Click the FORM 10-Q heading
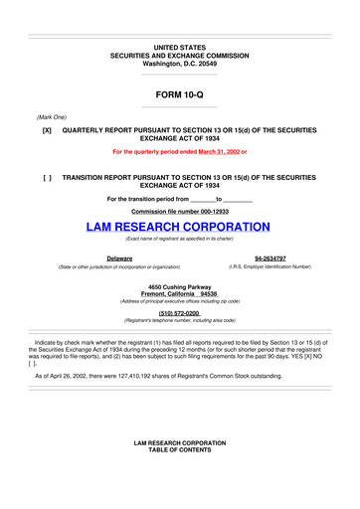pyautogui.click(x=179, y=95)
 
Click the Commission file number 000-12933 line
pyautogui.click(x=179, y=211)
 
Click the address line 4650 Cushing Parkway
pyautogui.click(x=179, y=286)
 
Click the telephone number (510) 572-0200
pyautogui.click(x=179, y=312)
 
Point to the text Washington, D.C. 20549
pyautogui.click(x=179, y=63)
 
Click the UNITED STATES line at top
pyautogui.click(x=179, y=47)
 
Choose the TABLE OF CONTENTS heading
pyautogui.click(x=179, y=476)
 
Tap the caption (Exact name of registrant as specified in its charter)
pyautogui.click(x=179, y=240)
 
